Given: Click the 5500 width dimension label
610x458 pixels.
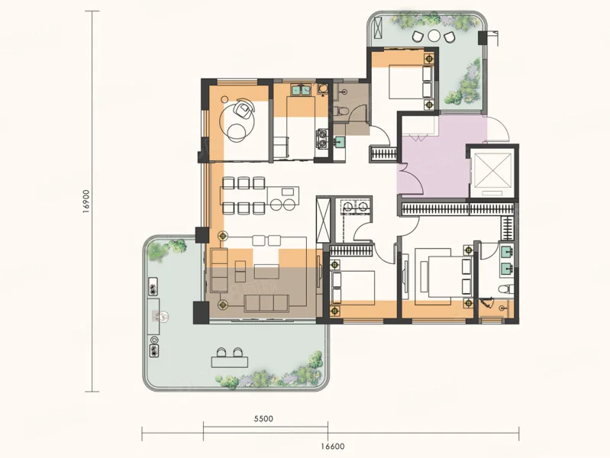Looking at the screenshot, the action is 263,419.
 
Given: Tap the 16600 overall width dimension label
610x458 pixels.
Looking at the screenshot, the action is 333,447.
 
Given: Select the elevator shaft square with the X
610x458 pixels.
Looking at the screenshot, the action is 492,170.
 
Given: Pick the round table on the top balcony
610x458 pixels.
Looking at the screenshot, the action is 434,36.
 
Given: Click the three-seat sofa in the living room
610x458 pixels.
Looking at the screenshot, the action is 266,303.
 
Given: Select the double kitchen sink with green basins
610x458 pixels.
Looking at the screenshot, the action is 302,90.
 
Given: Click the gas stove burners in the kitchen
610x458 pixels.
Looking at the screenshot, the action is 322,139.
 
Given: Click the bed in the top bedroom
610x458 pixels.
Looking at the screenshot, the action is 411,82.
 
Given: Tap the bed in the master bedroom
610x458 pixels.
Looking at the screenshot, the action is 444,276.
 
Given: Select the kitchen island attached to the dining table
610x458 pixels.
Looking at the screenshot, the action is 283,198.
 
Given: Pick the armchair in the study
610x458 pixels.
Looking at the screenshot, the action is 244,108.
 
